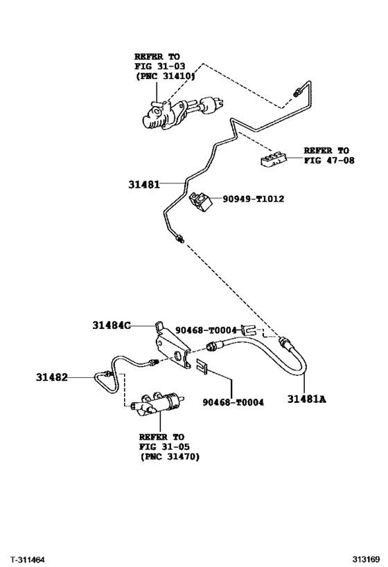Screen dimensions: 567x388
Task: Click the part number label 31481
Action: tap(143, 185)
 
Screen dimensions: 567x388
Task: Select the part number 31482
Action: tap(53, 377)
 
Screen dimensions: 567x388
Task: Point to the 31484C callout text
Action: tap(111, 324)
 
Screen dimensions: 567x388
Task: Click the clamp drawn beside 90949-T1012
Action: tap(201, 201)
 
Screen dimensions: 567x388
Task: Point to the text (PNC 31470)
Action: tap(169, 456)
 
